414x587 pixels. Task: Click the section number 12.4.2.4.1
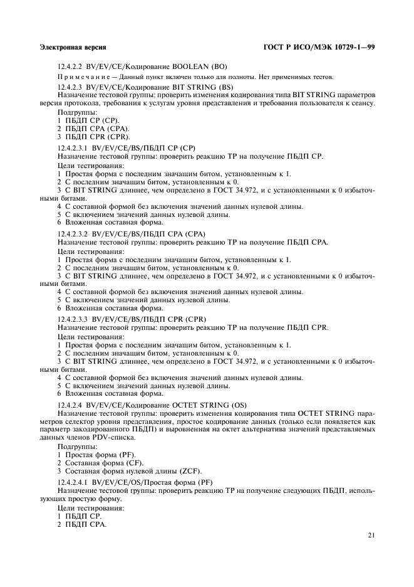[73, 480]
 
